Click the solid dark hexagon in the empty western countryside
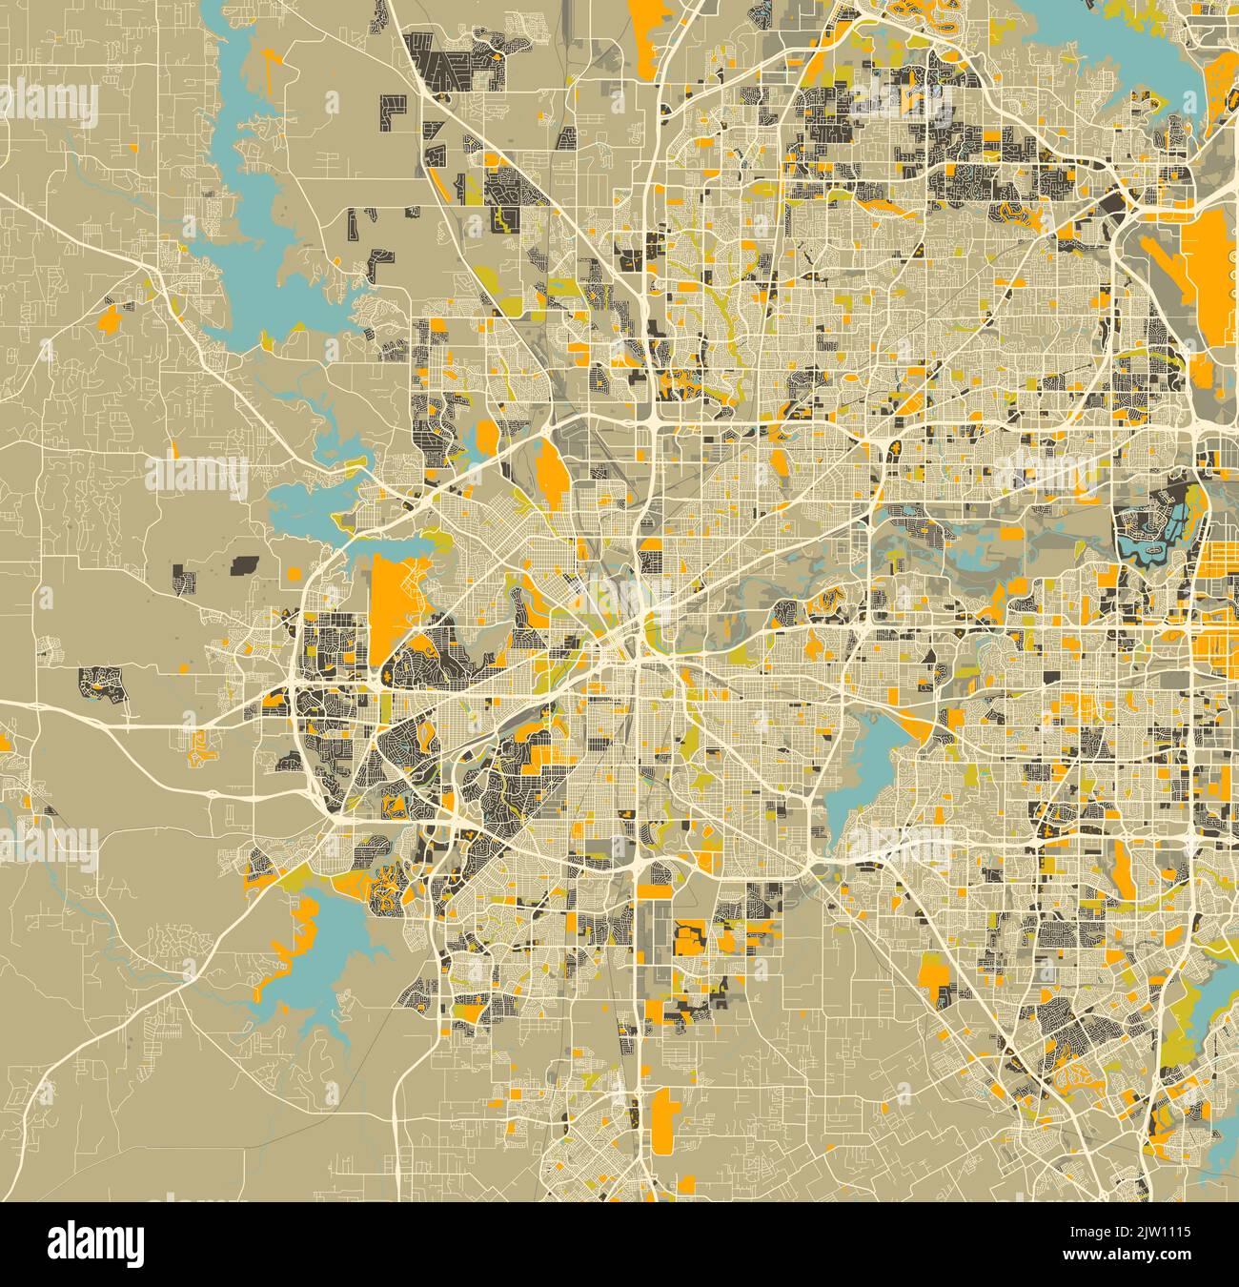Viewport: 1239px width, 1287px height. tap(247, 564)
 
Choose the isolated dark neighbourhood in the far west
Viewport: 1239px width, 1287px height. tap(103, 684)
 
